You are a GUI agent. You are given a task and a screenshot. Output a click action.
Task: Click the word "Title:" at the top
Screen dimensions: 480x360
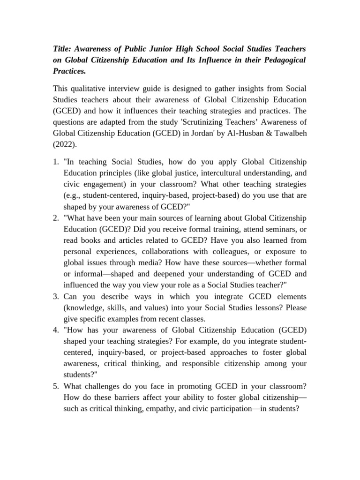pyautogui.click(x=63, y=49)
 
